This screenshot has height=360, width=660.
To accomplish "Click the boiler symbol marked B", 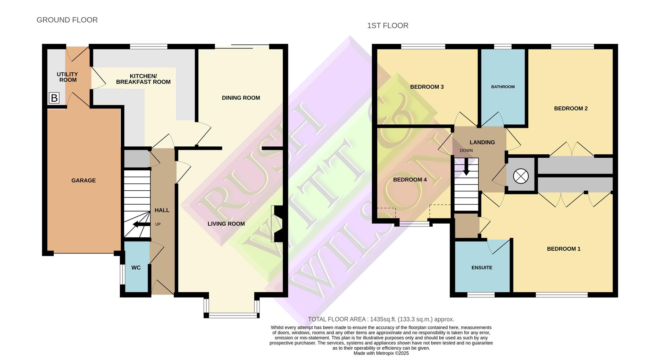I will tap(54, 98).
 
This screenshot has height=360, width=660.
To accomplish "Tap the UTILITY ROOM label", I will tap(67, 77).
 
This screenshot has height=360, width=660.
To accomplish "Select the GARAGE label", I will tap(84, 180).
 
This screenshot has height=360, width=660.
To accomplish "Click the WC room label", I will tap(136, 268).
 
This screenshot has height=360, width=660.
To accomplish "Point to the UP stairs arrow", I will tap(141, 225).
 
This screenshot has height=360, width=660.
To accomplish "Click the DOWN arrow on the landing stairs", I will tap(466, 168).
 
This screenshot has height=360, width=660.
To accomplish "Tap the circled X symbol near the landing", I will tap(520, 176).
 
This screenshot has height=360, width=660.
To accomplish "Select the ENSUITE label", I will tap(482, 268).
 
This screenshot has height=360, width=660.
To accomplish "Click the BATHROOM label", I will tap(503, 87).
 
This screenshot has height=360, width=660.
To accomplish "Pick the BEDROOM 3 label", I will tap(427, 87).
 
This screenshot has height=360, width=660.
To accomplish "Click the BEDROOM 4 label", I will tap(410, 180).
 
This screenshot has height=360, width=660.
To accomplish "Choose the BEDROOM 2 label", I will tap(571, 109).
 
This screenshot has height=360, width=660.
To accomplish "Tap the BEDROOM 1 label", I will tap(563, 249).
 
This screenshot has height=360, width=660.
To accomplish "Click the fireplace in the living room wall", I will tap(277, 224).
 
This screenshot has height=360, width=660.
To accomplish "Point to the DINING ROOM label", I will tap(241, 98).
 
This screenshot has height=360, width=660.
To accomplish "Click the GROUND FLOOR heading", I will tap(67, 20).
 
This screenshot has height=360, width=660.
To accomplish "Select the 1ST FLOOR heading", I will tap(387, 26).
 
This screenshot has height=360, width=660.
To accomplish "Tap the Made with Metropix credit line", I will tap(381, 353).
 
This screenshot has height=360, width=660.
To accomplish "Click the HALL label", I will tap(162, 210).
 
